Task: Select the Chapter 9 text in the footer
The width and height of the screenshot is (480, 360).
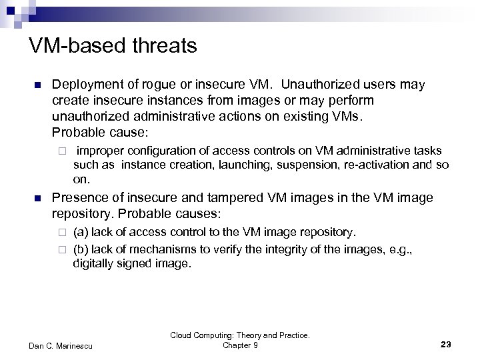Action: pos(240,345)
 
